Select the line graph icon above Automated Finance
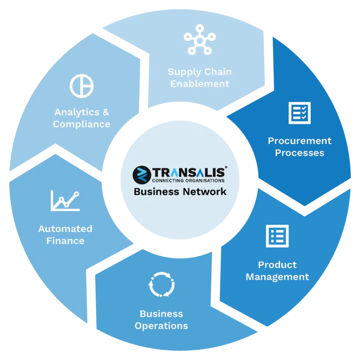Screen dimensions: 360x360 pos(65,201)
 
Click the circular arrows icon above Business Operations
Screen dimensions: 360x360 pos(161,284)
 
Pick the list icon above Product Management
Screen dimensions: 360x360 pos(277,236)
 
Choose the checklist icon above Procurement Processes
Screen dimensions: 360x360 pos(300,113)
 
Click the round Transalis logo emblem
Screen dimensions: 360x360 pos(142,175)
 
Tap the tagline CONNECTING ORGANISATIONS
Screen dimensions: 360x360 pos(188,181)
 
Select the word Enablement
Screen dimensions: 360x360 pos(200,84)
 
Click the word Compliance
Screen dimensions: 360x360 pos(82,124)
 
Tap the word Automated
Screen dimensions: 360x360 pos(65,229)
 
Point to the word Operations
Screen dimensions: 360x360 pos(161,326)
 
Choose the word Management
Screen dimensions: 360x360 pos(277,277)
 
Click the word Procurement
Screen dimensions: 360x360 pos(300,141)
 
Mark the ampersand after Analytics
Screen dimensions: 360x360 pos(106,112)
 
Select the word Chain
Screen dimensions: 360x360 pos(218,72)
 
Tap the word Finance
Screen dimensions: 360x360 pos(65,241)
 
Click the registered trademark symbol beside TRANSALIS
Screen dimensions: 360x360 pos(226,167)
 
